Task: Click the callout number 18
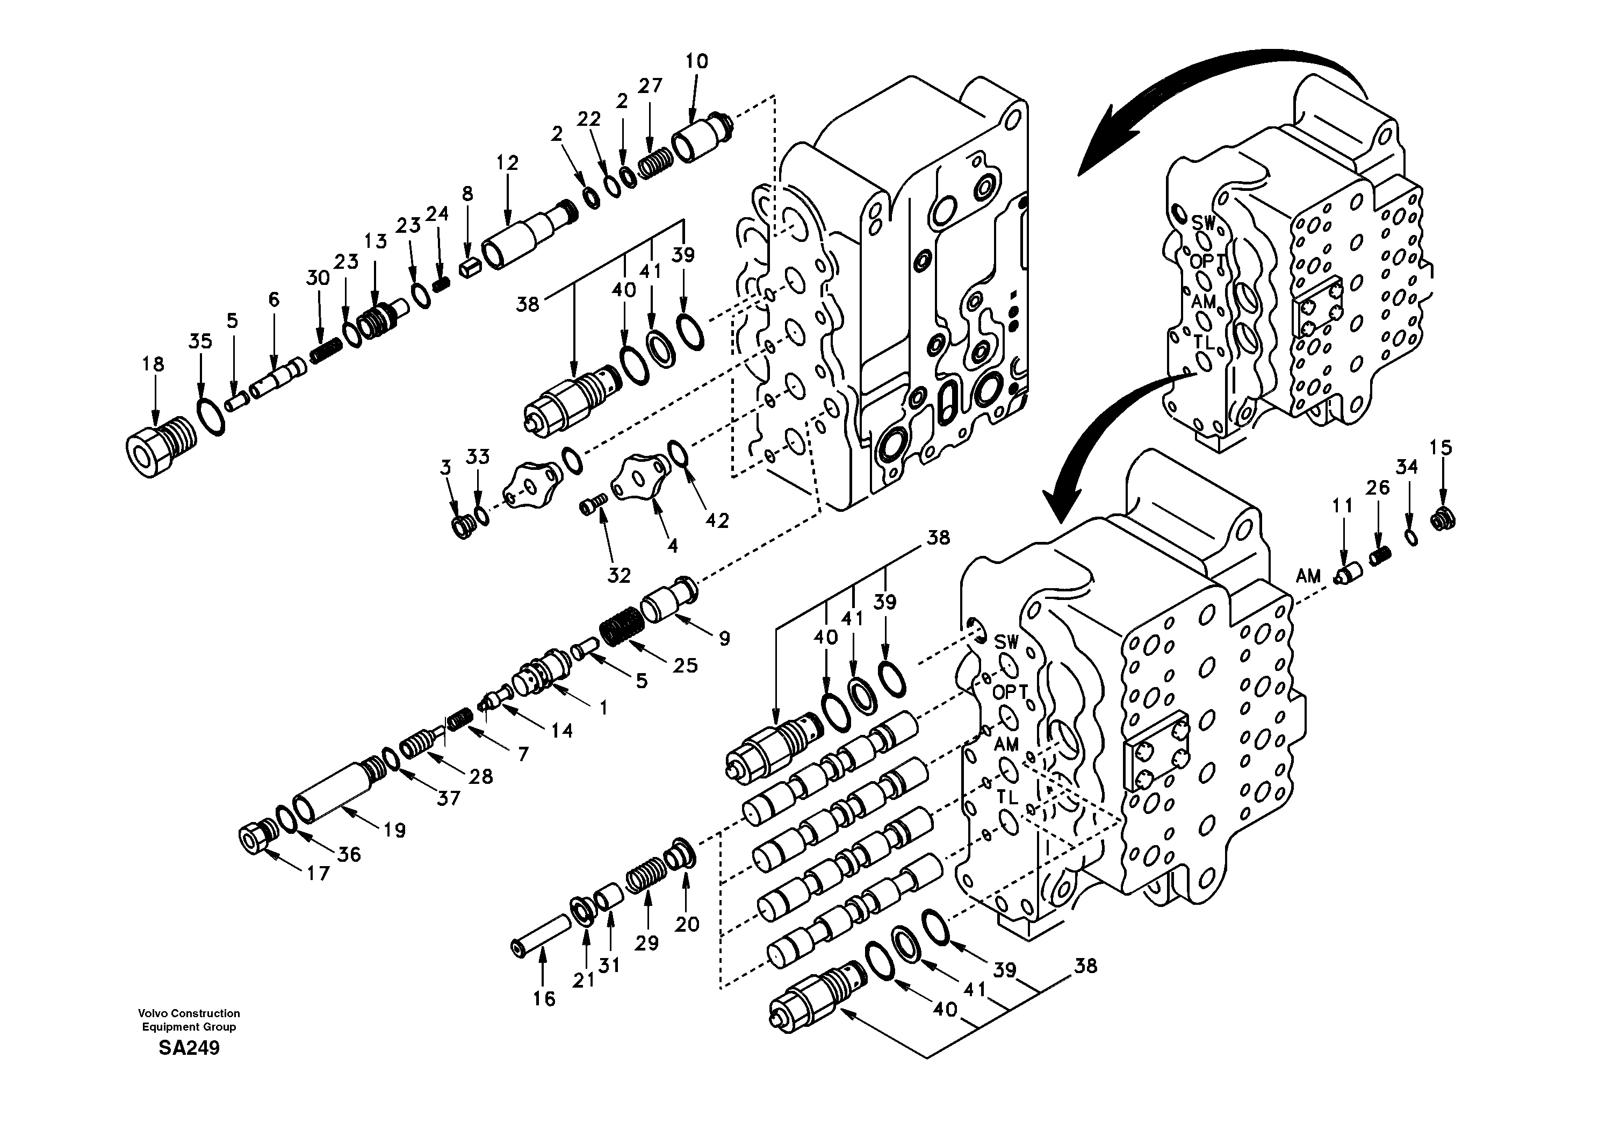(x=153, y=364)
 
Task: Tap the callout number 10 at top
(x=696, y=61)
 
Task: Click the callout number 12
(x=507, y=163)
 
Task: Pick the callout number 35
(x=200, y=341)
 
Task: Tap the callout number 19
(x=394, y=830)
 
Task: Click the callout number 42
(x=717, y=520)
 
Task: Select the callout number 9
(x=724, y=638)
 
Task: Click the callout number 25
(x=685, y=666)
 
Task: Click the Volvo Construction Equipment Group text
(x=189, y=1019)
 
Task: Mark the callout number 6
(x=273, y=299)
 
